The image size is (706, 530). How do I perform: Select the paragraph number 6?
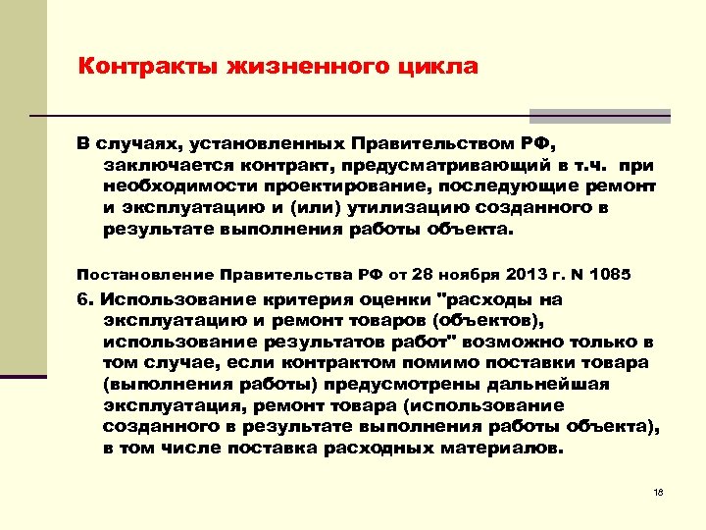[83, 298]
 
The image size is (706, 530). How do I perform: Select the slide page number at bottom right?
[658, 492]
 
